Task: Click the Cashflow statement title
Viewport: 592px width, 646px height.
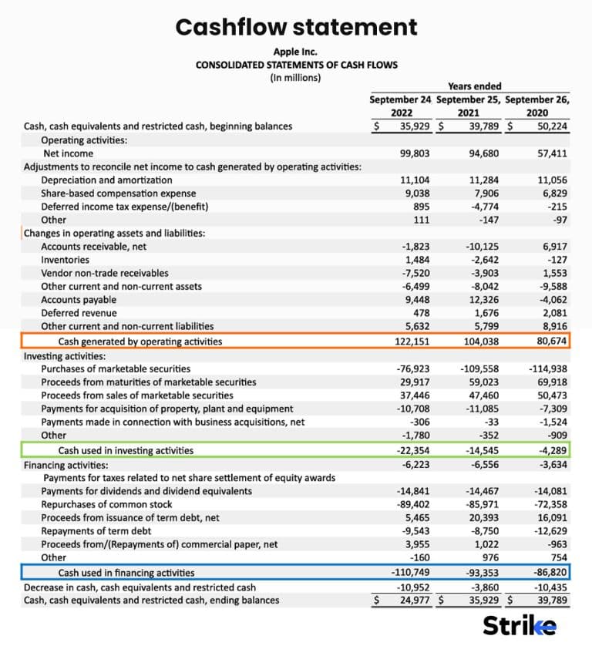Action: (296, 27)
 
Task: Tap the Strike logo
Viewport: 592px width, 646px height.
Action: (519, 625)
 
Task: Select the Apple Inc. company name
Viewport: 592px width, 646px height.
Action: (296, 52)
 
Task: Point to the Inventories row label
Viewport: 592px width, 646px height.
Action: (66, 260)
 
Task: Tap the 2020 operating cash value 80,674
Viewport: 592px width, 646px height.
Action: (551, 341)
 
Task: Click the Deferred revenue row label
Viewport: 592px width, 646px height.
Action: (79, 312)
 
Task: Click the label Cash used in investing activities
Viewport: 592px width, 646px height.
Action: (126, 450)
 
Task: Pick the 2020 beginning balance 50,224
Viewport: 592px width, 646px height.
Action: (551, 126)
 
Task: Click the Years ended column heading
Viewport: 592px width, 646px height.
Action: (474, 86)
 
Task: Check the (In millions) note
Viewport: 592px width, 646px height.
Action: (296, 78)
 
